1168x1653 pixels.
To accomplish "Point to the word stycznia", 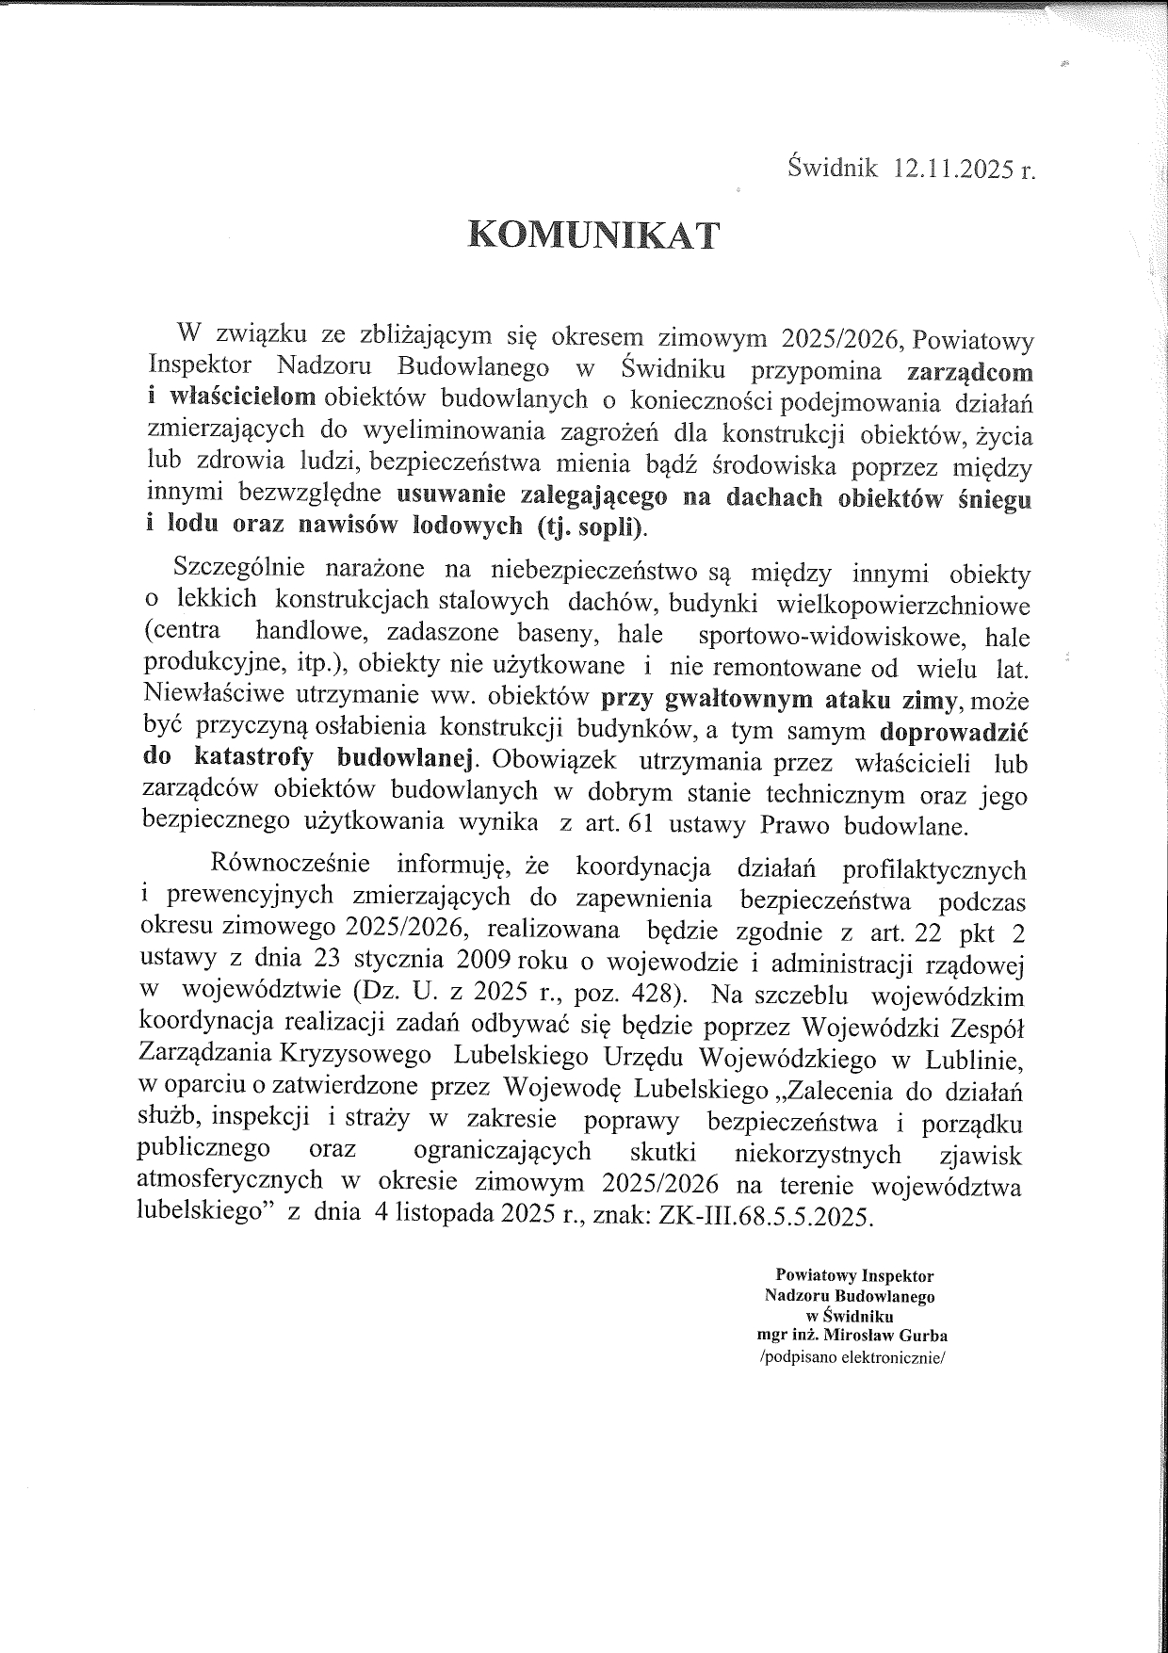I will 398,962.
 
